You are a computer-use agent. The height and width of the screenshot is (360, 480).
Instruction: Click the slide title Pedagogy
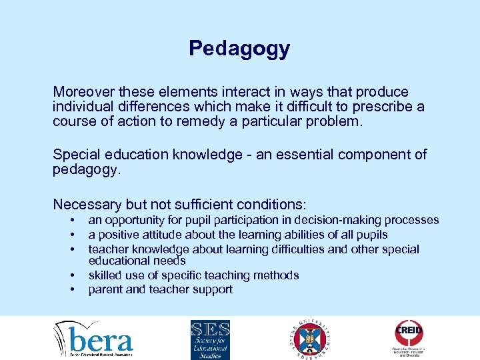[x=239, y=48]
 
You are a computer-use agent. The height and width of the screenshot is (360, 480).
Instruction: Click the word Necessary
[x=86, y=204]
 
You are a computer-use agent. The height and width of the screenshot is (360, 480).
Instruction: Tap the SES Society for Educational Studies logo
[x=210, y=338]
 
